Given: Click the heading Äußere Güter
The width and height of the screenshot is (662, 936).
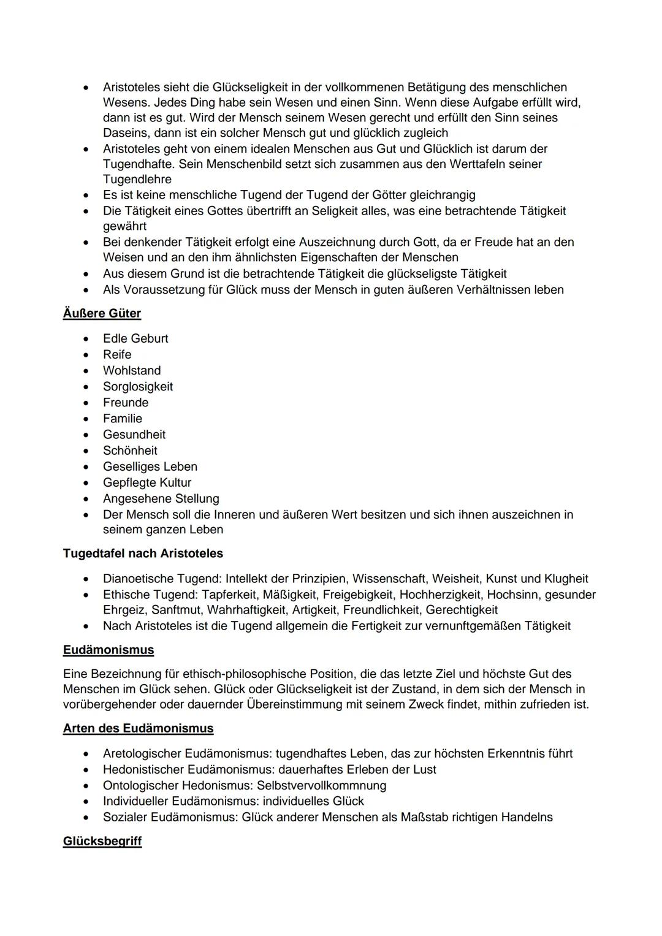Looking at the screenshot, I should point(102,313).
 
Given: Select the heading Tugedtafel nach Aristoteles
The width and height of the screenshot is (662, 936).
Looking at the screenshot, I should point(143,554).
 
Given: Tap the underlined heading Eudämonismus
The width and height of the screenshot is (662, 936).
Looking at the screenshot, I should point(108,650).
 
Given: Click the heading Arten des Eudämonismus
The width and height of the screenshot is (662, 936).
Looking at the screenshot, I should point(138,728).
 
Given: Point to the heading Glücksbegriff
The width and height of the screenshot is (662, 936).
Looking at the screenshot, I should point(102,841).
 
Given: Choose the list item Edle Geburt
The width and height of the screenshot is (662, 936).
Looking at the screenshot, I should point(135,338).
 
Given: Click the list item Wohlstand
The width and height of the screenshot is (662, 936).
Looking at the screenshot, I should point(132,370).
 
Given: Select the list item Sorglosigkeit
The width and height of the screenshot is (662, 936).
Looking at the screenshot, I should point(138,386).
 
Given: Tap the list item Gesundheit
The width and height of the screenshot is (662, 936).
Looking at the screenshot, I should point(134,434).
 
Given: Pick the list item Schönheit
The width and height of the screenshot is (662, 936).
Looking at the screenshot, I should point(130,450).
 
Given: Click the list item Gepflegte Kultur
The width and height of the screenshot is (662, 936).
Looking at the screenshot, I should point(147,482).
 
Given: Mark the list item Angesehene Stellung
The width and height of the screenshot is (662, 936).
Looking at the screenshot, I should point(161,498).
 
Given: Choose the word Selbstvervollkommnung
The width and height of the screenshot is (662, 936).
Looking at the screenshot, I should point(321,785).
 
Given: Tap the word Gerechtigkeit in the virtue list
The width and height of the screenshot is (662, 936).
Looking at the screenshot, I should point(462,610).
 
